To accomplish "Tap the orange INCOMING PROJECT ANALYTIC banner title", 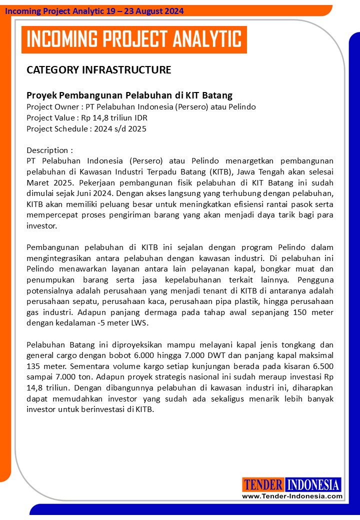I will point(134,39).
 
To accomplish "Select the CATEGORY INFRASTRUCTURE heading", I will point(98,70).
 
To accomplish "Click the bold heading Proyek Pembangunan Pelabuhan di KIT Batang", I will point(129,95).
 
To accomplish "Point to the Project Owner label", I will point(50,106).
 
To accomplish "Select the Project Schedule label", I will point(56,128).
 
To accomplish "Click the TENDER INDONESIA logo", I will point(291,484).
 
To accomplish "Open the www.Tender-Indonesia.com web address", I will point(292,496).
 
